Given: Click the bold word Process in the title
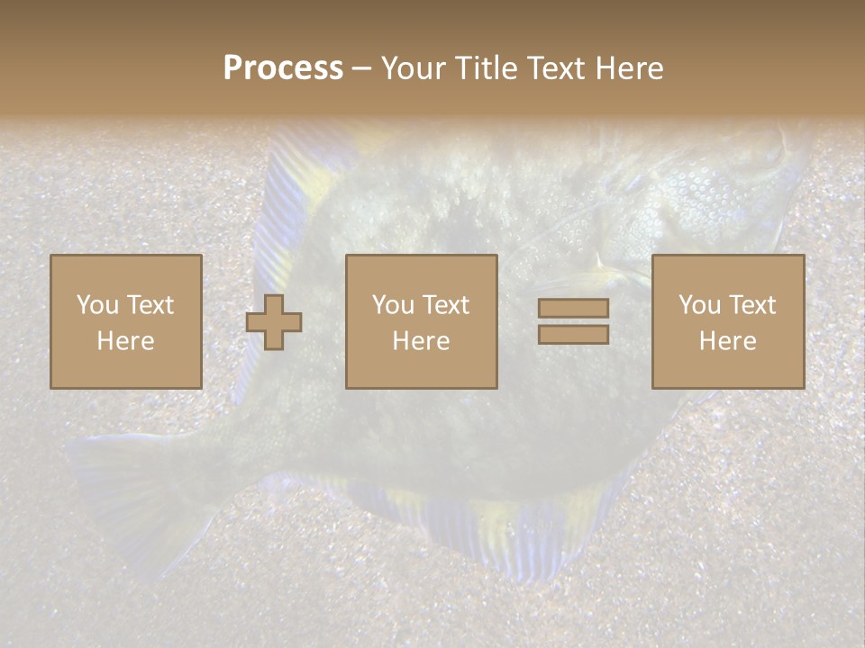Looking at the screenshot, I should (x=283, y=68).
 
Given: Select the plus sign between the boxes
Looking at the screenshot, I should (x=274, y=322).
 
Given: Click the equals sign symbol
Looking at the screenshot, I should (x=573, y=322).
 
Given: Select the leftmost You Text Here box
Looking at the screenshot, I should (x=126, y=322).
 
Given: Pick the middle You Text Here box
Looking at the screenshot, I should (x=422, y=322).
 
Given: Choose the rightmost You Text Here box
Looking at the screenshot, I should (x=728, y=322).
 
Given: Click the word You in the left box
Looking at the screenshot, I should (x=96, y=305).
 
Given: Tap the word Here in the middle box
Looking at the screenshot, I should (x=422, y=341).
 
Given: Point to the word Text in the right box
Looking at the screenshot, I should (x=752, y=305).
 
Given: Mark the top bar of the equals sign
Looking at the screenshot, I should (x=573, y=308).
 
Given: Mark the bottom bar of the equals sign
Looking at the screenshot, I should (x=573, y=335).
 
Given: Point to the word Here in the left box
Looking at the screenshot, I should (x=126, y=341).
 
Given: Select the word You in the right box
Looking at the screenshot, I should (x=699, y=305).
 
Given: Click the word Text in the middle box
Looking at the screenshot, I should (x=446, y=305).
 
